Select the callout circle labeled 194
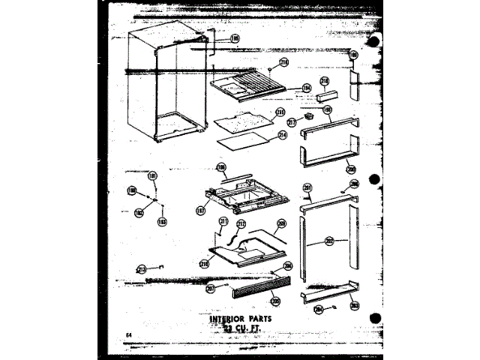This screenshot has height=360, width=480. pos(286,87)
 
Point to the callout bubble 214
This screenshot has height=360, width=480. pos(283,136)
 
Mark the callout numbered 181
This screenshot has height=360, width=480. pos(152,176)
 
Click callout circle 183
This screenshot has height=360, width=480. pos(161,221)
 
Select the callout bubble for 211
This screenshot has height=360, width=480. pos(223,221)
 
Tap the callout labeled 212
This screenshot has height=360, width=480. pos(241,223)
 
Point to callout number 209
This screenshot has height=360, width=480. pos(282,223)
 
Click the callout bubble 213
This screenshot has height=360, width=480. pos(141,268)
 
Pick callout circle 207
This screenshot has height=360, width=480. pos(211,289)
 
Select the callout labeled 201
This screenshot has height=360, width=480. pos(307,187)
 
